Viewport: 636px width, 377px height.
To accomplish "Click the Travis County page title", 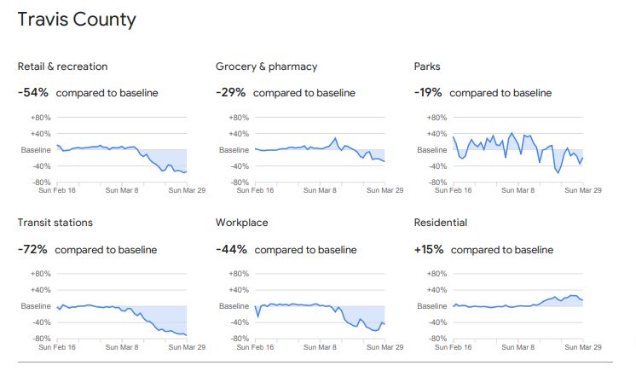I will tap(77, 20).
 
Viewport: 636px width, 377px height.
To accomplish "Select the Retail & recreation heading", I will tap(62, 67).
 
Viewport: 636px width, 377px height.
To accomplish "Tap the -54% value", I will tap(32, 92).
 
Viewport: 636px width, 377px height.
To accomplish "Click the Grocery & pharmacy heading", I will tap(266, 67).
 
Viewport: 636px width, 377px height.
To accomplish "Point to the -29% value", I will tap(230, 92).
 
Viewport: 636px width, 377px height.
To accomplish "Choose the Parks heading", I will tap(427, 67).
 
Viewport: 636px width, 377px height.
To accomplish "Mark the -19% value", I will tap(428, 92).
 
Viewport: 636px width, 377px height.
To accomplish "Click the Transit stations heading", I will tap(55, 223).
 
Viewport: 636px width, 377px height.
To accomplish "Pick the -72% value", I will tap(32, 249).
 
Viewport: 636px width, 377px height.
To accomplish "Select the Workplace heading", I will tap(242, 223).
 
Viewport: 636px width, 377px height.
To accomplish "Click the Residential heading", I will tap(440, 223).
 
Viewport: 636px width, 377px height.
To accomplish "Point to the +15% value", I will tap(428, 249).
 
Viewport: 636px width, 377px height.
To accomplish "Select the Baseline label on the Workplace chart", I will tap(233, 306).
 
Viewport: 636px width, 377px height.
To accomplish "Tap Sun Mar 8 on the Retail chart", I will tap(122, 190).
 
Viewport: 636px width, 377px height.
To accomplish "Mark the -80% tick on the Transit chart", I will tap(41, 339).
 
